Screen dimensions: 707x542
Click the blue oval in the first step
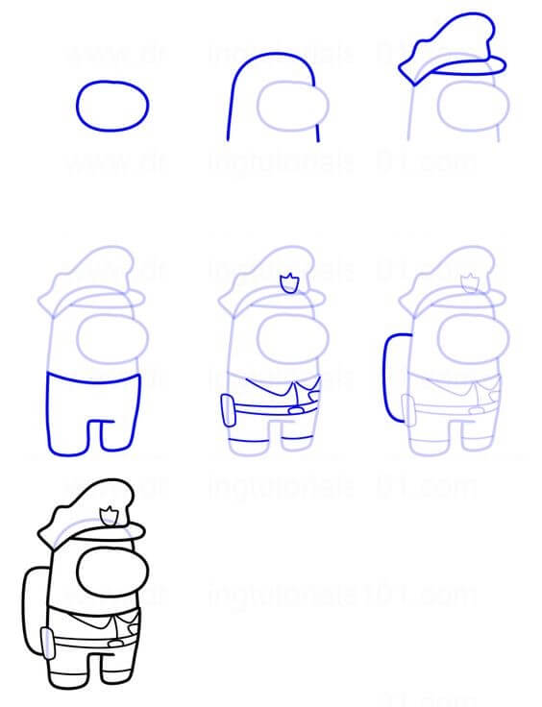tap(112, 106)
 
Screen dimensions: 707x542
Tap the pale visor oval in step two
tap(292, 105)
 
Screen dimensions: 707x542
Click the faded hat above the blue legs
tap(91, 279)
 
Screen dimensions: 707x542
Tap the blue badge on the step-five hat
tap(286, 283)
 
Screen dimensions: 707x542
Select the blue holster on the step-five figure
tap(226, 410)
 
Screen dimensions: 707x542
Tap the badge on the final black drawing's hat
tap(111, 515)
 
